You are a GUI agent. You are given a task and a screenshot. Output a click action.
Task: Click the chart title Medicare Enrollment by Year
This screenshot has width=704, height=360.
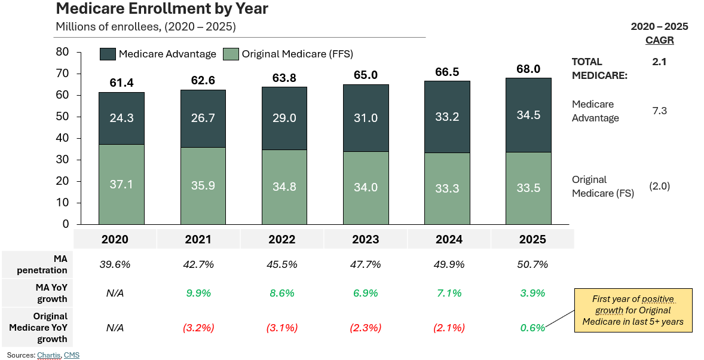click(x=161, y=9)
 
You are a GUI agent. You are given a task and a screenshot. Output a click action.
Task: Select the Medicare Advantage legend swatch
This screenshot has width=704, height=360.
click(x=108, y=54)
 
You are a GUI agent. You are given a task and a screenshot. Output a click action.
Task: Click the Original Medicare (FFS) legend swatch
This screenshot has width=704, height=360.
click(x=231, y=54)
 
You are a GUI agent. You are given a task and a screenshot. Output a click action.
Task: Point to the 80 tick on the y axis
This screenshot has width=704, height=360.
click(x=62, y=52)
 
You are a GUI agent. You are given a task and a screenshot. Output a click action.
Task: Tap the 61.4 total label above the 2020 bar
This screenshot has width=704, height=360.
click(x=121, y=83)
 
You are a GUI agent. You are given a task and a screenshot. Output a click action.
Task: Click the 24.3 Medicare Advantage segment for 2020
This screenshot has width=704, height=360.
click(x=121, y=118)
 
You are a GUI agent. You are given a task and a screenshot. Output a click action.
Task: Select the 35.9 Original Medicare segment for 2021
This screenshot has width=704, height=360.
click(x=203, y=185)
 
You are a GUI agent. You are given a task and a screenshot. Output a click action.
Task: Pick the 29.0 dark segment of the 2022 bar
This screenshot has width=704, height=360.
click(x=284, y=118)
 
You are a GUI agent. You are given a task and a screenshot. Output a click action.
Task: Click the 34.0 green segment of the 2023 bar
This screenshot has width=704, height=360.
click(x=365, y=187)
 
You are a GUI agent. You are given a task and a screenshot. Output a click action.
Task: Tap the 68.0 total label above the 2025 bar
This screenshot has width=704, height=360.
click(x=528, y=69)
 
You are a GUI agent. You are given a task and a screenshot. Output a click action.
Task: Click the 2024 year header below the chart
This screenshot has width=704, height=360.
click(x=449, y=239)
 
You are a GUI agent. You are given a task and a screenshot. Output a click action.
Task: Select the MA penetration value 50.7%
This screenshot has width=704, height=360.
click(x=532, y=264)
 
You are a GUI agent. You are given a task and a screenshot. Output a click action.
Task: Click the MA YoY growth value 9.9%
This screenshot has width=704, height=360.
click(x=198, y=293)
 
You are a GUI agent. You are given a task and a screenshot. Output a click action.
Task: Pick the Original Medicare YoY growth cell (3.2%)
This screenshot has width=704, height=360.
click(x=198, y=328)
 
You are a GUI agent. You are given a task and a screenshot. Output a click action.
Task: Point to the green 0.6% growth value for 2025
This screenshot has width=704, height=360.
click(x=532, y=328)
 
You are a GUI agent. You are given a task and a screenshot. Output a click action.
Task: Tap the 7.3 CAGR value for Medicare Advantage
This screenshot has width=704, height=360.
click(x=659, y=111)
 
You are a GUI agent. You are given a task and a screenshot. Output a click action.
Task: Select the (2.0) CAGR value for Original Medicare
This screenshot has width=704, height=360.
click(x=659, y=186)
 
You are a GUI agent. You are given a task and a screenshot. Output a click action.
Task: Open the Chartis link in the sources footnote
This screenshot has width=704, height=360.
click(x=49, y=355)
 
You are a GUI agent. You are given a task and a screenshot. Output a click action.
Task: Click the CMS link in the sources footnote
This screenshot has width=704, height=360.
click(x=72, y=355)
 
